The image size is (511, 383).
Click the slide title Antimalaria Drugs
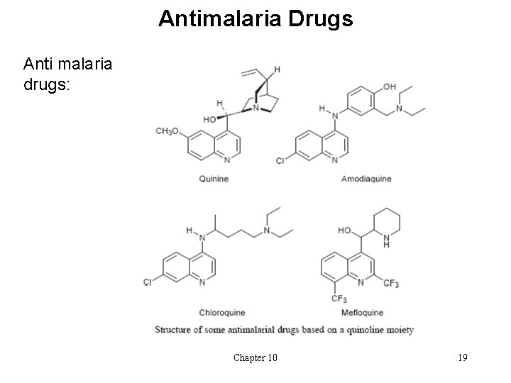click(255, 18)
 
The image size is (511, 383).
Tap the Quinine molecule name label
click(214, 179)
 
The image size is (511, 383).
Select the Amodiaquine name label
click(366, 179)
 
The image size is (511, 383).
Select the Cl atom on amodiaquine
click(280, 162)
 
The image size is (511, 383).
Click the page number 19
click(462, 357)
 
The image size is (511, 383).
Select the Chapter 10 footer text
click(255, 357)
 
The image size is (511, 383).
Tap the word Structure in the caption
click(174, 330)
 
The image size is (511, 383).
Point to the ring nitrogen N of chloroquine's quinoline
click(203, 282)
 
